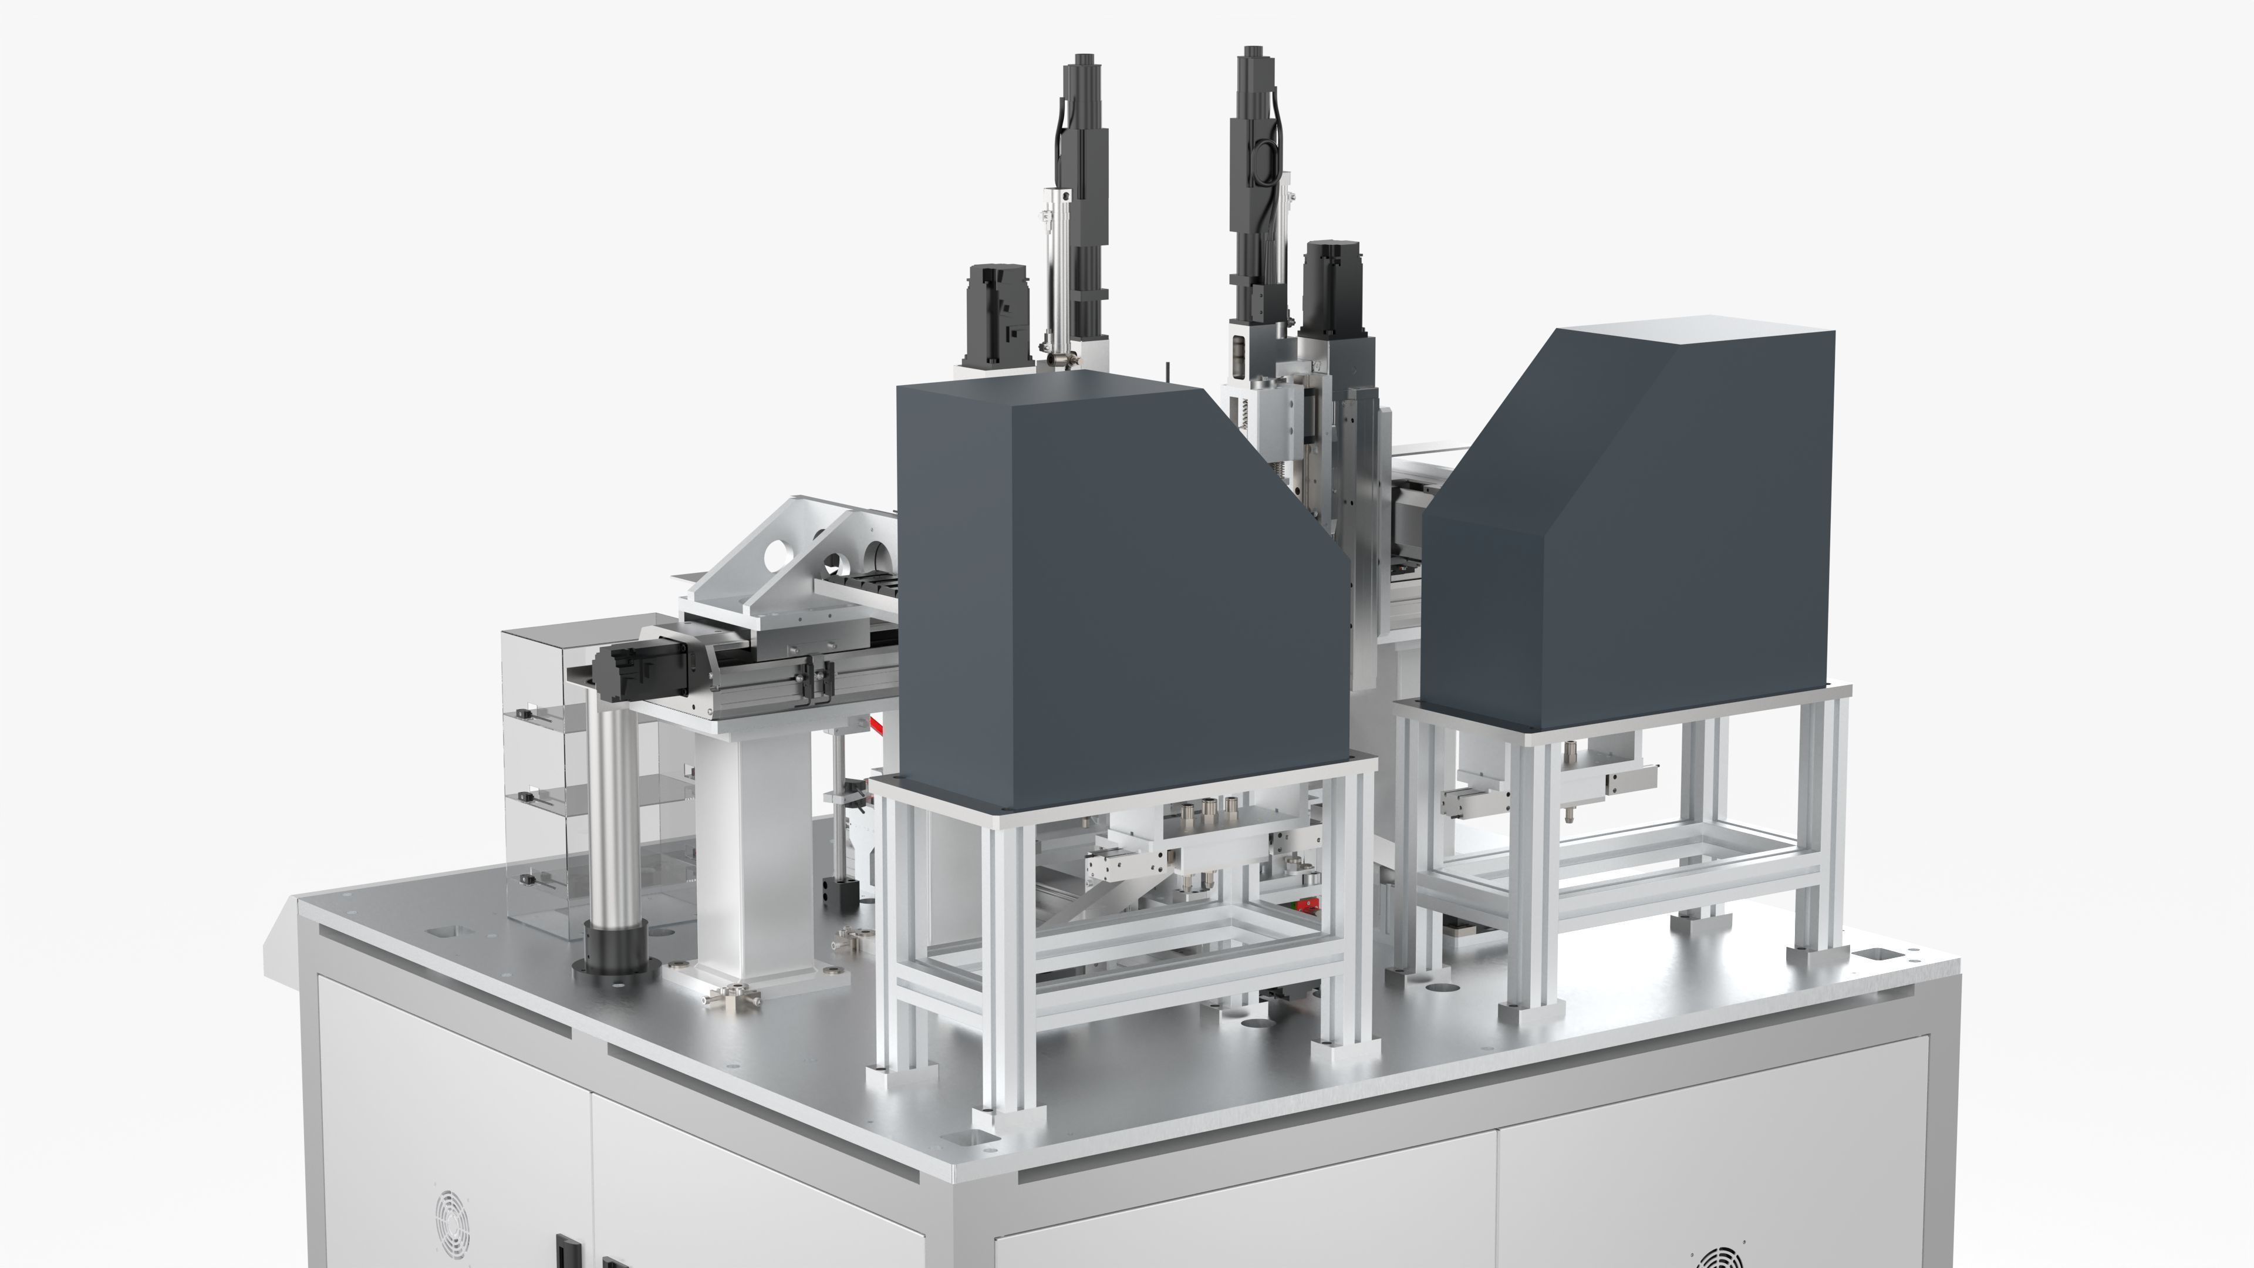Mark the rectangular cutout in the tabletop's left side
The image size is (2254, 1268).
[x=446, y=930]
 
